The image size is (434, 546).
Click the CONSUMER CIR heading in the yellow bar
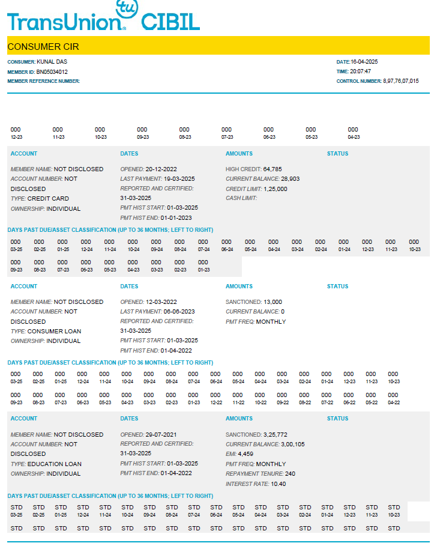(43, 47)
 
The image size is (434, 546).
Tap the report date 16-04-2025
(364, 62)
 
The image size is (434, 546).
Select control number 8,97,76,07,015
(401, 81)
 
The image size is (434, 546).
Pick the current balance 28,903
(291, 179)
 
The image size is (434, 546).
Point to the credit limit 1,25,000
(276, 189)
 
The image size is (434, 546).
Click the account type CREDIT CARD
(48, 199)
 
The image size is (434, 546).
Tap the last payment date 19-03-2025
(179, 179)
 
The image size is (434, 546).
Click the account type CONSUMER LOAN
(54, 332)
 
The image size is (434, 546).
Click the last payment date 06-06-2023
(179, 312)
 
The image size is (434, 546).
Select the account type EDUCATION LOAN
(55, 464)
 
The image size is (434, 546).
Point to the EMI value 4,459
(247, 454)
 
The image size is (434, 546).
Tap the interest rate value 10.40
(279, 484)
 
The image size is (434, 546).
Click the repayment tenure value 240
(291, 474)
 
